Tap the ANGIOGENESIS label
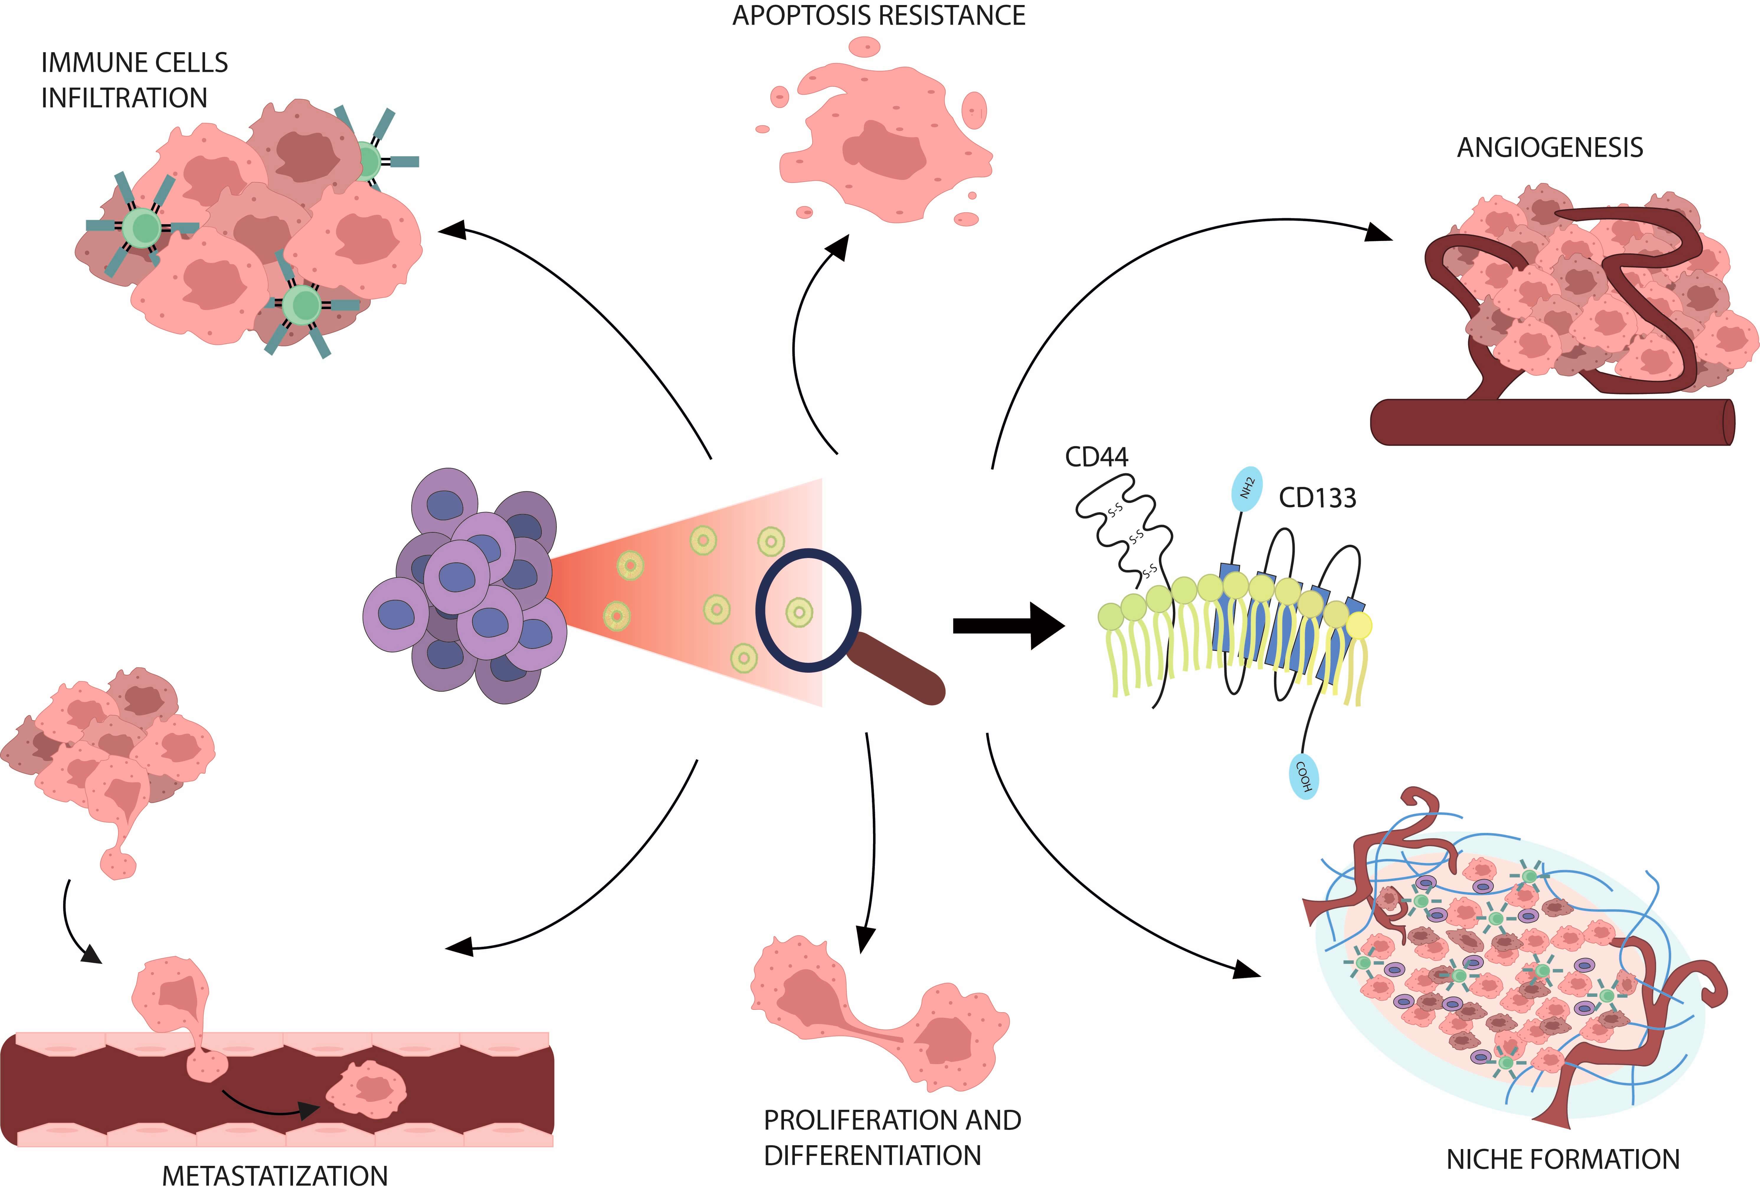1549,147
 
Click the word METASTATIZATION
275,1176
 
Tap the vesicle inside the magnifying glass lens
799,612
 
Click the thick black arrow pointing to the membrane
1007,625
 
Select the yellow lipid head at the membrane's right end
1359,625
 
